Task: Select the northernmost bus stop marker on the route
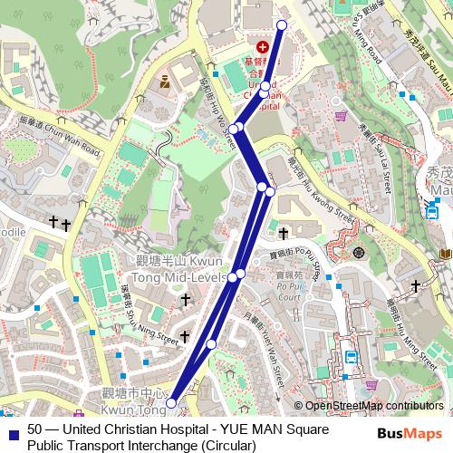282,25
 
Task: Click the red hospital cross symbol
263,45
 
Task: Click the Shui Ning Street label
149,311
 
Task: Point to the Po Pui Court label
289,290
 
